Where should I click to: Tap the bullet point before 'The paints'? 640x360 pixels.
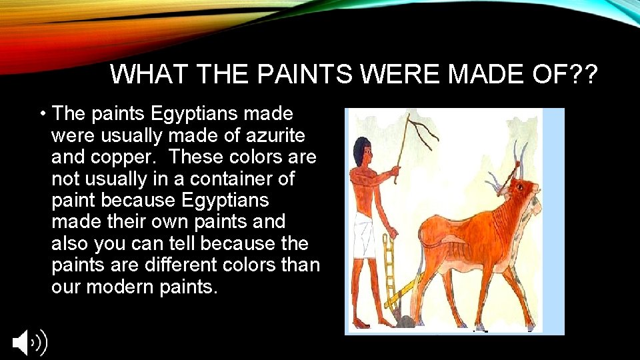[x=42, y=115]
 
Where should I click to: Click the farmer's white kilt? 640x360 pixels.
[x=364, y=234]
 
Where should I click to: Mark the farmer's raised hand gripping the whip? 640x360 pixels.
[x=397, y=172]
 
